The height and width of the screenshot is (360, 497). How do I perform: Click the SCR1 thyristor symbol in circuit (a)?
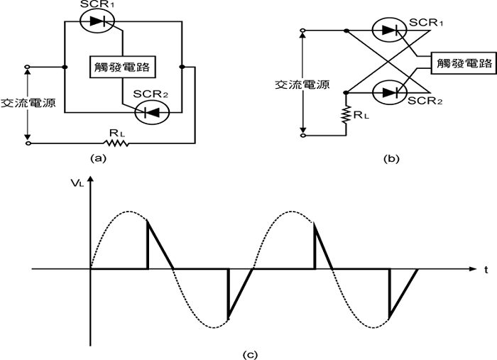[94, 22]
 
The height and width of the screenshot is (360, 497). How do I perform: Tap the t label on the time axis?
[487, 271]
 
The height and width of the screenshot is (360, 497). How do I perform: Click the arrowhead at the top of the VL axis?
[90, 187]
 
